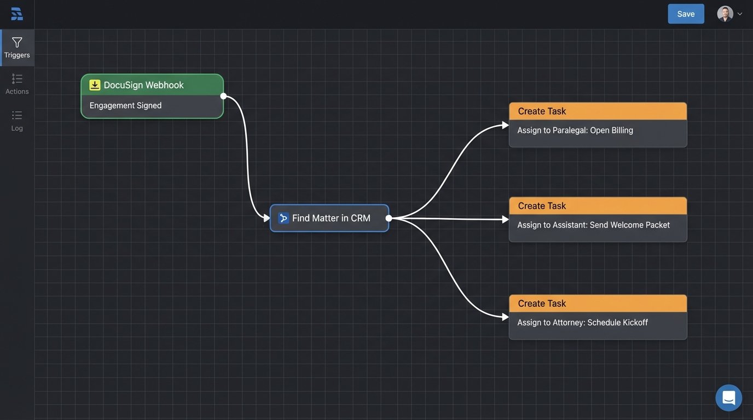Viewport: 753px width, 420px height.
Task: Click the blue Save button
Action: [x=686, y=14]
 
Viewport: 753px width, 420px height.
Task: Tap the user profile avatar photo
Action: [x=725, y=14]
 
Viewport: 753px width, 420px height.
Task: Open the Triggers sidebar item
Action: [x=17, y=48]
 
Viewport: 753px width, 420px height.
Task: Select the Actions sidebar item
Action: [x=17, y=84]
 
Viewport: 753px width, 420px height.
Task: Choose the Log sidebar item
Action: [x=17, y=121]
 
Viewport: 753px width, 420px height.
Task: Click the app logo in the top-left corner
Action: [x=17, y=14]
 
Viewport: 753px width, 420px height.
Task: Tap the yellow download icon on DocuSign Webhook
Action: [x=95, y=85]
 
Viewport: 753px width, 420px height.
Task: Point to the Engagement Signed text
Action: [x=125, y=106]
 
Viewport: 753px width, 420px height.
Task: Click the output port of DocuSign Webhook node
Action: [x=223, y=96]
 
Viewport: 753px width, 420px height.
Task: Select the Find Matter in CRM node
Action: [x=329, y=218]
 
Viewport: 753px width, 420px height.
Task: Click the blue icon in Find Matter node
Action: [x=283, y=218]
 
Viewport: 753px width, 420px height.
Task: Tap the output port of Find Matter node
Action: [x=389, y=218]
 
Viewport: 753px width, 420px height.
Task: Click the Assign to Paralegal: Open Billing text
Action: [x=575, y=130]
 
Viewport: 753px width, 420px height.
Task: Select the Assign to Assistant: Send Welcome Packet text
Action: [x=593, y=225]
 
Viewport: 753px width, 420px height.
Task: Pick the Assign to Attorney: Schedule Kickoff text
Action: [x=582, y=323]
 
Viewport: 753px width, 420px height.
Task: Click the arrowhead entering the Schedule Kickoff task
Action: [x=506, y=317]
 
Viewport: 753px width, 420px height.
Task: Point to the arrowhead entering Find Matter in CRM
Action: [x=267, y=218]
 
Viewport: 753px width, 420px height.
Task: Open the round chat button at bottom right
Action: [x=728, y=398]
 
